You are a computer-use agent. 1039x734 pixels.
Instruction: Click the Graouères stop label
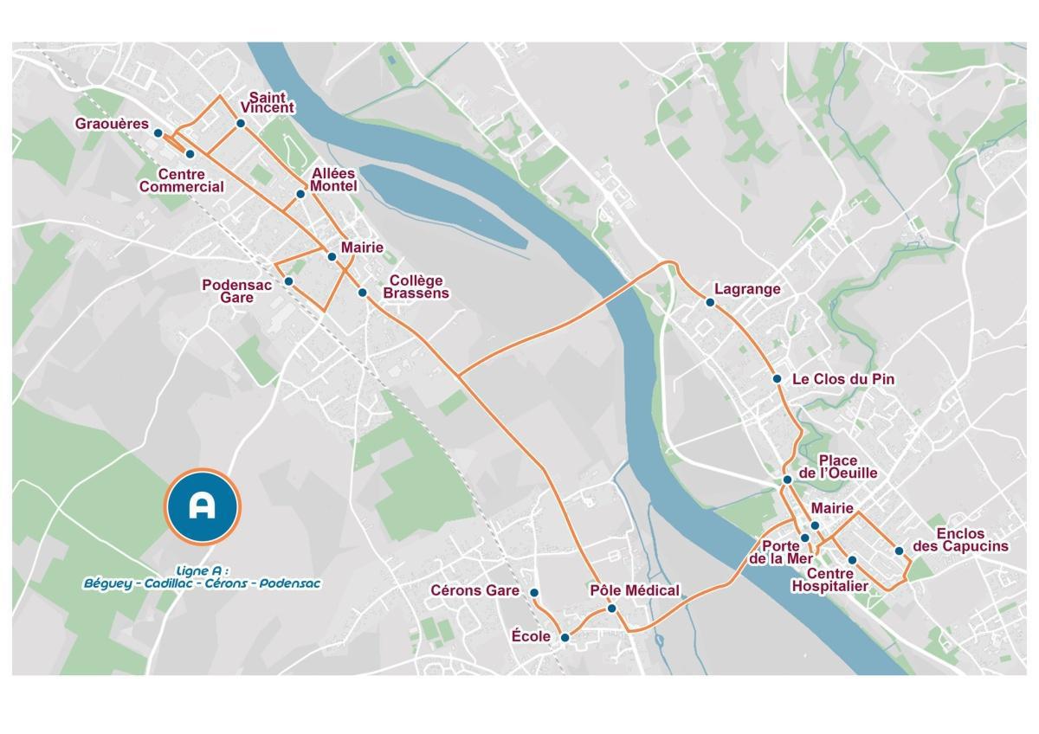[112, 124]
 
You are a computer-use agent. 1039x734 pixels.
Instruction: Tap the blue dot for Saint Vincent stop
[241, 124]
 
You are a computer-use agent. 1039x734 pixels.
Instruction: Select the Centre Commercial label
[182, 181]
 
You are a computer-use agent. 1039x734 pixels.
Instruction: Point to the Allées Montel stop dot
[300, 194]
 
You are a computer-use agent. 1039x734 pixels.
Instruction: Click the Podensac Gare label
[236, 291]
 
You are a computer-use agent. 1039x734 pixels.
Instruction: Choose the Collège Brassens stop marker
[363, 292]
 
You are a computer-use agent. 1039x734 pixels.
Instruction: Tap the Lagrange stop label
[747, 289]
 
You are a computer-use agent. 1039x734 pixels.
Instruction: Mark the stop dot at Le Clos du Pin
[777, 379]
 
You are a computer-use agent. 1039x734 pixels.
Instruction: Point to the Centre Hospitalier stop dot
[852, 560]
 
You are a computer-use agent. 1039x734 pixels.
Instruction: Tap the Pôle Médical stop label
[635, 590]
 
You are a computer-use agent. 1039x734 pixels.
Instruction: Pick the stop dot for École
[565, 638]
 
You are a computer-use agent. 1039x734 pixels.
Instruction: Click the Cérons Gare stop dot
[534, 593]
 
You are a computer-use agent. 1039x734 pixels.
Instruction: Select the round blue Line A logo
[202, 506]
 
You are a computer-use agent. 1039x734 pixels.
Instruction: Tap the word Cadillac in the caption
[170, 583]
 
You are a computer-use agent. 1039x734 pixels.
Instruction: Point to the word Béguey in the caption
[108, 583]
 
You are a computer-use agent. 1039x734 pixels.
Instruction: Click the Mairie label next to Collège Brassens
[362, 248]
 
